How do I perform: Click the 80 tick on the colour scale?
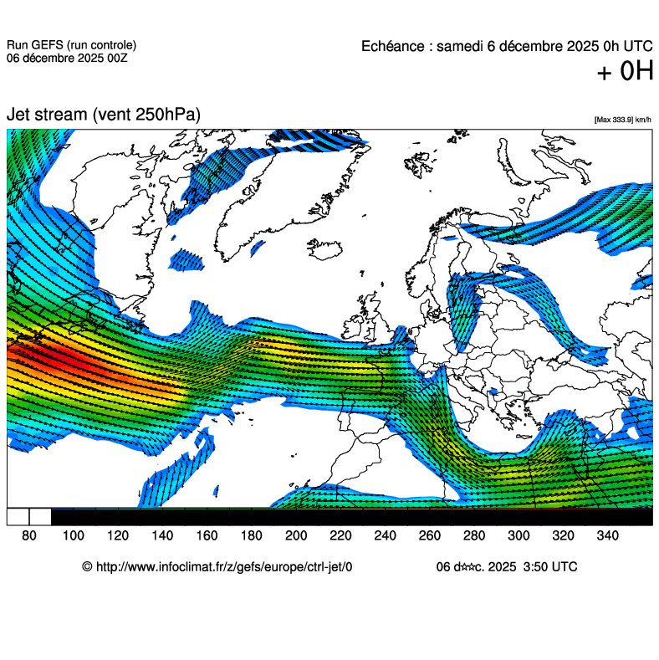28,535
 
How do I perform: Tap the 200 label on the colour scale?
295,535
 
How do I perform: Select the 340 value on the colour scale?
607,535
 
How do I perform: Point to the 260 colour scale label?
429,535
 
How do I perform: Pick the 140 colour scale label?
162,535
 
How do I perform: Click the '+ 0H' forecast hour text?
624,73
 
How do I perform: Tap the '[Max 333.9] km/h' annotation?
622,120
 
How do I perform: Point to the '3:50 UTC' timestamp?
549,566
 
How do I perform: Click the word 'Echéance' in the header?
393,46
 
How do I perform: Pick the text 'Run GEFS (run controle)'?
71,45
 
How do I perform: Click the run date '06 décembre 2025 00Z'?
66,58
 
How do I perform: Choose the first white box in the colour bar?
18,516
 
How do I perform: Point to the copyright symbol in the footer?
87,566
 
